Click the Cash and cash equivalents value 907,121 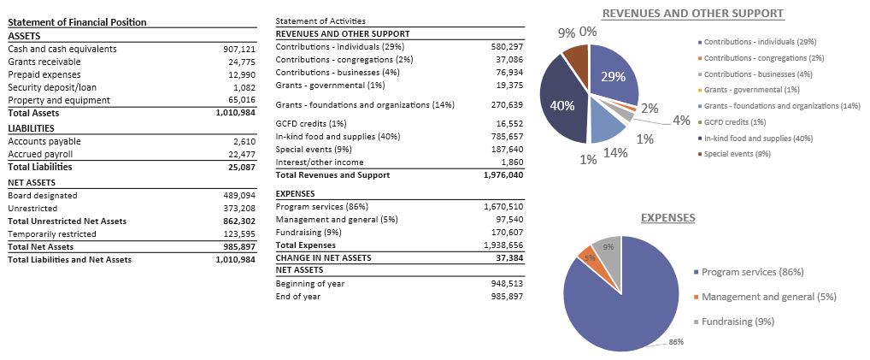[239, 49]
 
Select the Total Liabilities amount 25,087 [242, 168]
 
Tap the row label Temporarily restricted [52, 234]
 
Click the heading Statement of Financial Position [77, 22]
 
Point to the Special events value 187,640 [507, 150]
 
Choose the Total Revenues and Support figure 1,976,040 [503, 175]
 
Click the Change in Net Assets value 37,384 [509, 257]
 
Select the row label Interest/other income [320, 162]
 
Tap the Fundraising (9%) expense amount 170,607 [507, 233]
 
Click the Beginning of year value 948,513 [507, 283]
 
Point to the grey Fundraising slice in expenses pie [608, 250]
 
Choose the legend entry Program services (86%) [749, 272]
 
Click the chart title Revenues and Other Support [693, 14]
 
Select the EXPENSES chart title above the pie [668, 218]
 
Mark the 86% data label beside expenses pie [676, 342]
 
